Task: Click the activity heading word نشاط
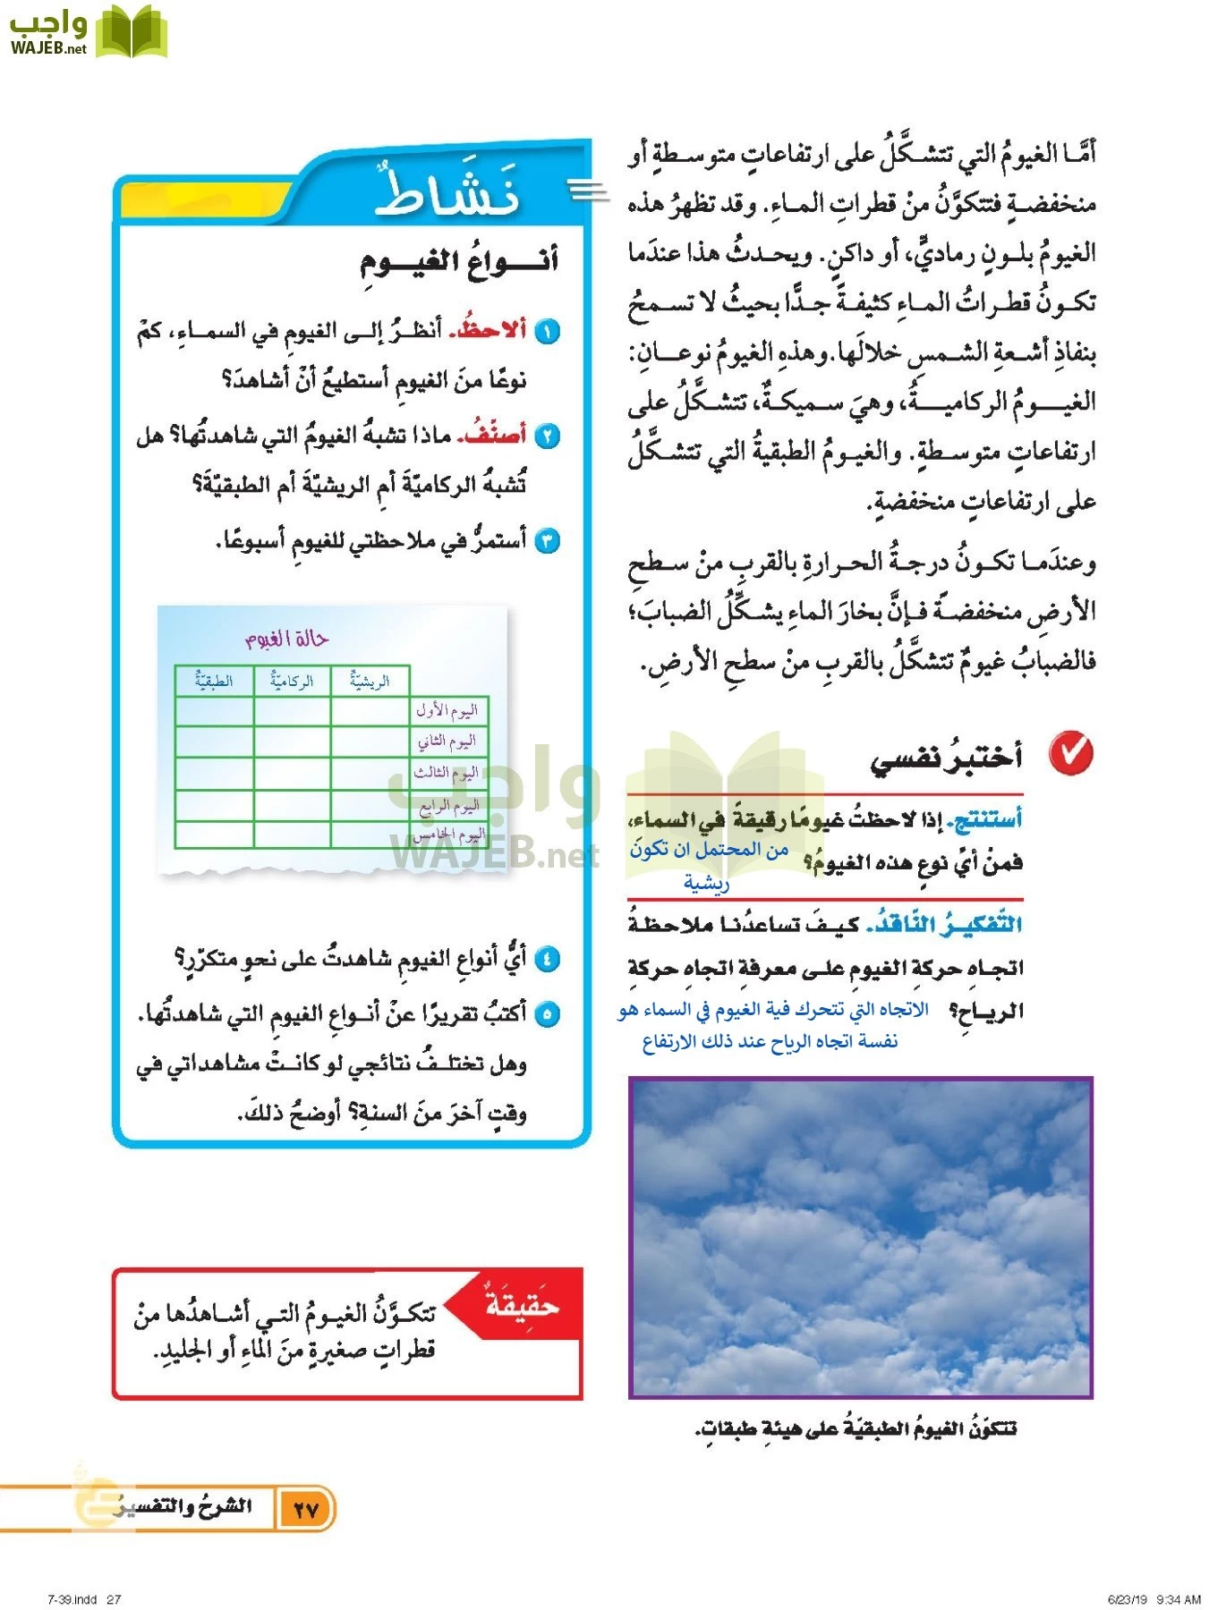tap(447, 192)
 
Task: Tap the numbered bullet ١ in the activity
tap(547, 332)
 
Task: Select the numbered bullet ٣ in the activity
tap(547, 541)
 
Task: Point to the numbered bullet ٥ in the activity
tap(547, 1015)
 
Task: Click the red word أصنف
tap(492, 436)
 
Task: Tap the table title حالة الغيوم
tap(286, 639)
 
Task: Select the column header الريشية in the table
tap(370, 682)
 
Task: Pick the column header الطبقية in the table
tap(214, 682)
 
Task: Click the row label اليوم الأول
tap(447, 711)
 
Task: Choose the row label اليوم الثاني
tap(447, 741)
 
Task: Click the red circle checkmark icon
tap(1071, 753)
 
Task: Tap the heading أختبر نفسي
tap(946, 758)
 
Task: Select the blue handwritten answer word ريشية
tap(706, 884)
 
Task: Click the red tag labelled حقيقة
tap(522, 1306)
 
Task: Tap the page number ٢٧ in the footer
tap(306, 1510)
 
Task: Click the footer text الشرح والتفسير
tap(183, 1507)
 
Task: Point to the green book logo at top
tap(132, 32)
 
